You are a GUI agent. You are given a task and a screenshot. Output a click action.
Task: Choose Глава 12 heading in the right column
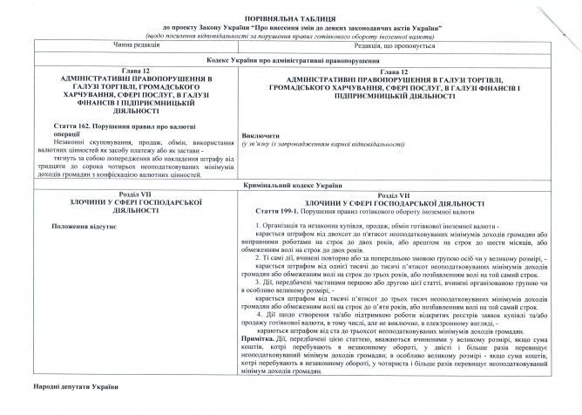point(407,71)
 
